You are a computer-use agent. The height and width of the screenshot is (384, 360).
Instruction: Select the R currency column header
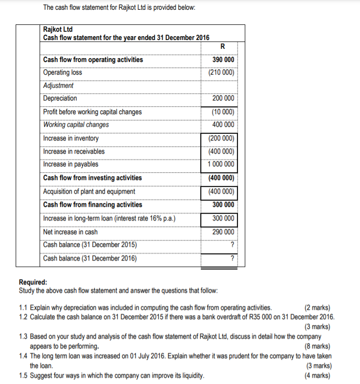(x=223, y=47)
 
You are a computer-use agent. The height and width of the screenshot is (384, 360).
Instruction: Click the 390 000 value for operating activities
(x=223, y=60)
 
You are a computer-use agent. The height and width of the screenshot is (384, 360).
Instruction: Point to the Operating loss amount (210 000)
(x=221, y=72)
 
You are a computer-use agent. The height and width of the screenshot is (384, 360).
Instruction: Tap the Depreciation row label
(x=60, y=98)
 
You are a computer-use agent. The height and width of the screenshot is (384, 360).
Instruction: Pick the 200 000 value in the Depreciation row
(x=223, y=98)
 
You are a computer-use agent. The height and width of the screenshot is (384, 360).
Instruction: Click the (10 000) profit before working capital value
(x=223, y=112)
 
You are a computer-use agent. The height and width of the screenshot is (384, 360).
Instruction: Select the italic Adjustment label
(x=58, y=85)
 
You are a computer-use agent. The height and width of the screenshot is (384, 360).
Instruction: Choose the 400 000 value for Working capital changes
(x=223, y=124)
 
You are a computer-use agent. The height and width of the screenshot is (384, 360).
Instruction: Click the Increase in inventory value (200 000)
(x=221, y=138)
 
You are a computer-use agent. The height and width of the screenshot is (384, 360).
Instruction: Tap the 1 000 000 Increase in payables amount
(x=221, y=164)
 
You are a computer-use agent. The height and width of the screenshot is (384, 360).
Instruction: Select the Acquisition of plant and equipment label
(x=89, y=191)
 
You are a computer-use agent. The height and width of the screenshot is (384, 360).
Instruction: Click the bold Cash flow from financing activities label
(x=93, y=204)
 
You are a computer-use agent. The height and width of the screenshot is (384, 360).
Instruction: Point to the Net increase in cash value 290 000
(x=223, y=232)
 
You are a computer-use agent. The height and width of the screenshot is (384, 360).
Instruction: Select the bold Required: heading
(x=33, y=282)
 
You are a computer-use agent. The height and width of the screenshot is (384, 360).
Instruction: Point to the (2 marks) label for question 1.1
(x=317, y=308)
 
